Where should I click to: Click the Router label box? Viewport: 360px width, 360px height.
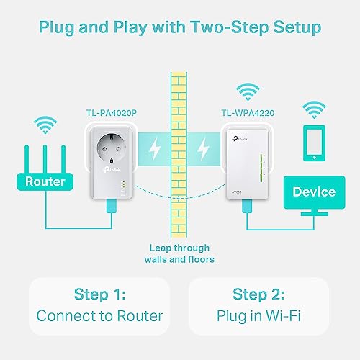tap(45, 182)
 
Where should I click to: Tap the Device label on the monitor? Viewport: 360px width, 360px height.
tap(313, 192)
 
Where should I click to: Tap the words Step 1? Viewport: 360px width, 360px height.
tap(99, 294)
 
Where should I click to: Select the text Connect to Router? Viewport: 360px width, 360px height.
tap(99, 315)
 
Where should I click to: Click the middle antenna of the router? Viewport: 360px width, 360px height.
tap(45, 152)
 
